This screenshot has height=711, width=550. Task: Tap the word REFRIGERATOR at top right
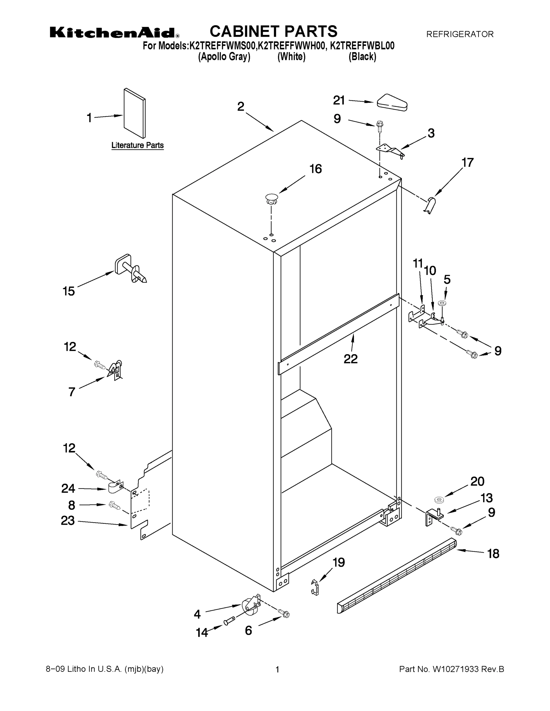coord(460,34)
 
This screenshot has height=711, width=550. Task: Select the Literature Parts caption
coord(138,145)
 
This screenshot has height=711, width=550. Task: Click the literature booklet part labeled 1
coord(135,113)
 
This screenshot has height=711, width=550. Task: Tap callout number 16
coord(315,169)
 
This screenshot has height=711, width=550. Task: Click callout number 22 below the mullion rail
coord(350,359)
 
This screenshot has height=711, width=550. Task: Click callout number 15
coord(69,291)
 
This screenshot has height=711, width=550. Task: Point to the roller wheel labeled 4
coord(250,608)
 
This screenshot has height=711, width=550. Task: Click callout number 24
coord(68,488)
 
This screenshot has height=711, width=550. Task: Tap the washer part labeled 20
coord(439,500)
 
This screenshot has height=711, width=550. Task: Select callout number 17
coord(468,162)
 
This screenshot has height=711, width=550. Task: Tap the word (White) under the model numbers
coord(291,57)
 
